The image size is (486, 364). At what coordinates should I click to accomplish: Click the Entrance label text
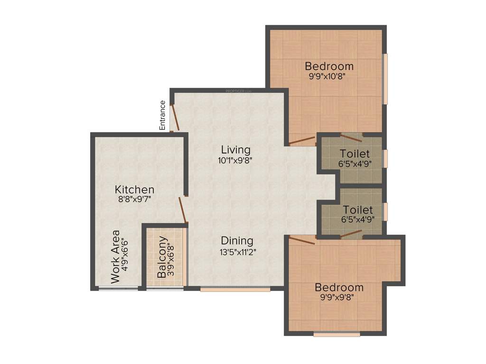(x=162, y=115)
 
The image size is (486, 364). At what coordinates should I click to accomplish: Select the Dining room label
(x=237, y=241)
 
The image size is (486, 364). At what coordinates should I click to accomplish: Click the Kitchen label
(x=135, y=190)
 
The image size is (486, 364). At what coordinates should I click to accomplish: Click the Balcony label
(x=162, y=264)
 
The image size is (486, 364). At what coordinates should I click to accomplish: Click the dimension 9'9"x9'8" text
(x=339, y=297)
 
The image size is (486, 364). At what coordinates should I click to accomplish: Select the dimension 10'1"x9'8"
(x=234, y=160)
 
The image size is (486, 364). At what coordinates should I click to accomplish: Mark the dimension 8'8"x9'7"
(x=135, y=200)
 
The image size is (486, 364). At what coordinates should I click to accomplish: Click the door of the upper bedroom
(x=302, y=140)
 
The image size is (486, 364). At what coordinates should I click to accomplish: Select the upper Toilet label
(x=355, y=154)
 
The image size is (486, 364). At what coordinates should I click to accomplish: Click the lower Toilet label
(x=358, y=209)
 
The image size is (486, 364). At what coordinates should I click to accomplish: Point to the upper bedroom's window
(x=385, y=79)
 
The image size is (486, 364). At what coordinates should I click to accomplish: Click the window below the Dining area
(x=235, y=289)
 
